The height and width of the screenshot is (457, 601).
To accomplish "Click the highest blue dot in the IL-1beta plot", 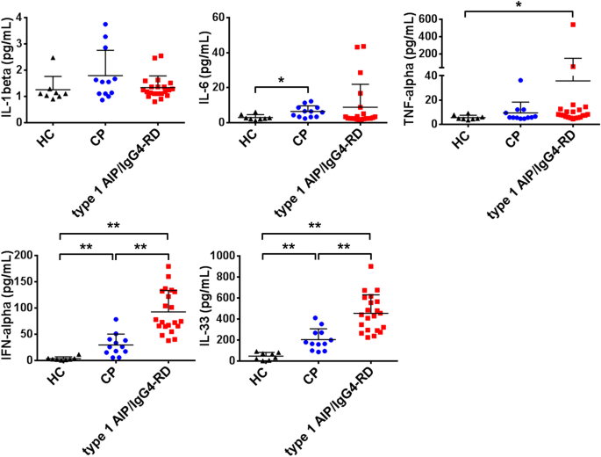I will (106, 25).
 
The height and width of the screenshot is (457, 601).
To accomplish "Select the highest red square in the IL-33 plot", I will (372, 266).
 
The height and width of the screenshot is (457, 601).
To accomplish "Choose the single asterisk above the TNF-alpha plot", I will (519, 5).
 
